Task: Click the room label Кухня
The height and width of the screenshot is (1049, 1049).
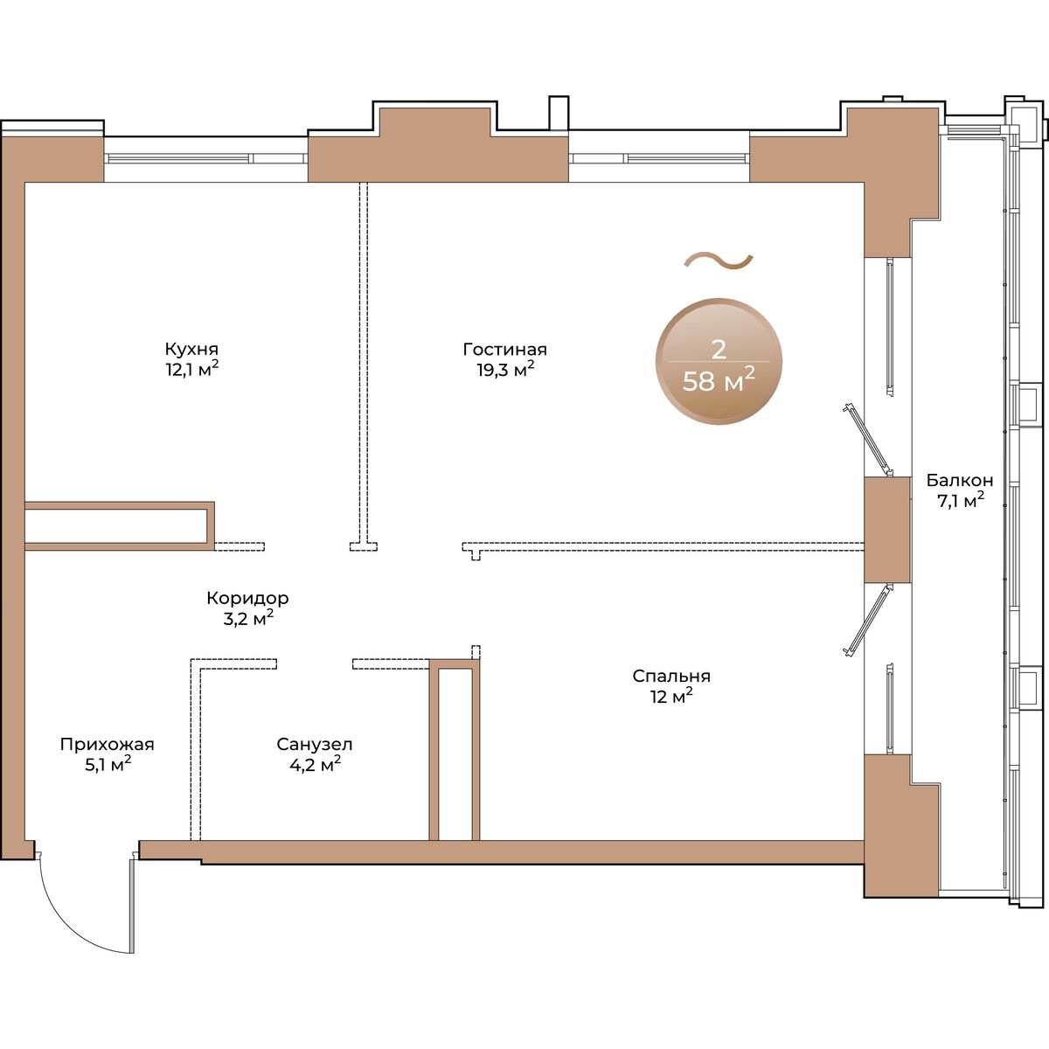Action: click(x=191, y=349)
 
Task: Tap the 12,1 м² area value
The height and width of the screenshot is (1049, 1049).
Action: click(x=192, y=370)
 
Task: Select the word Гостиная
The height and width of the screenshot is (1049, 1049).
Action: click(x=504, y=349)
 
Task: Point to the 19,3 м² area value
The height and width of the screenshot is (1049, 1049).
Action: click(x=505, y=370)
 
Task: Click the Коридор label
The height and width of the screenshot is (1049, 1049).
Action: click(x=247, y=598)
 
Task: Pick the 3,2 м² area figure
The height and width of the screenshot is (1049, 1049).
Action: click(x=247, y=618)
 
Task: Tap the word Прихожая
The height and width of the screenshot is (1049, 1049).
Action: click(x=108, y=744)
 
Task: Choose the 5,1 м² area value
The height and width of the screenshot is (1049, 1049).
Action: click(x=108, y=764)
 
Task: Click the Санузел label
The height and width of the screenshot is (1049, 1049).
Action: click(x=315, y=744)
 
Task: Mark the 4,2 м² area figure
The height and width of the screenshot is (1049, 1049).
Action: click(x=316, y=764)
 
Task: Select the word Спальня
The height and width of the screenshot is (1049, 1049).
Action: click(x=671, y=676)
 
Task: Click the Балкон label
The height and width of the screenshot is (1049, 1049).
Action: click(x=960, y=480)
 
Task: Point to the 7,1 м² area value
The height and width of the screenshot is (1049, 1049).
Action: click(x=960, y=500)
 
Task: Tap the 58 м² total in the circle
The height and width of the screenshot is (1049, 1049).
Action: click(x=719, y=379)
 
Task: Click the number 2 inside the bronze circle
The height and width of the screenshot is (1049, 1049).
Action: click(x=719, y=349)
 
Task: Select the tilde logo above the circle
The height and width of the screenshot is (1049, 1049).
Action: click(x=719, y=261)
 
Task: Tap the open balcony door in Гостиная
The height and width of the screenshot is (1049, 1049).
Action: click(x=868, y=440)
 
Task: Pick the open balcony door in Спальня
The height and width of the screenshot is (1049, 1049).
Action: click(x=868, y=620)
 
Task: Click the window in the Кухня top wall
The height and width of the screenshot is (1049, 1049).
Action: click(x=205, y=158)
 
